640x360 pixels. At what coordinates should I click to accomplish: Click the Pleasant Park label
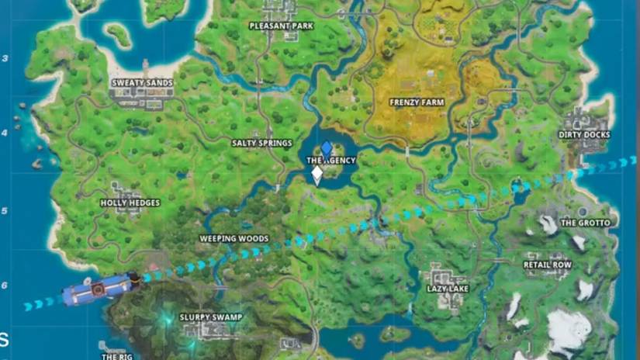point(280,26)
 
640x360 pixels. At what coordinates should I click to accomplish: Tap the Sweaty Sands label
point(142,82)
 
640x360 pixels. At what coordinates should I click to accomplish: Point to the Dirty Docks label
point(584,135)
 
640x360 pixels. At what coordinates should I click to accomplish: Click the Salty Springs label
point(262,144)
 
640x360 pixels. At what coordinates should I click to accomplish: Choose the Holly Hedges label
point(130,203)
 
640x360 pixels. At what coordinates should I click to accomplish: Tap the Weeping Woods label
point(234,239)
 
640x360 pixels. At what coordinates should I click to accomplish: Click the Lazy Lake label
point(448,289)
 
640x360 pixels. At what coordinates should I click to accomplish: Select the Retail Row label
point(548,265)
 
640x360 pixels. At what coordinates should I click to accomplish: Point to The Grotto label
point(585,223)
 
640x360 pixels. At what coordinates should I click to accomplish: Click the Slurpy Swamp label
point(211,317)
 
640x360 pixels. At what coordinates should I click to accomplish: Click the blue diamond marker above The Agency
point(327,147)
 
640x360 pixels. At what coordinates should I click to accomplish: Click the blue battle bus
point(99,289)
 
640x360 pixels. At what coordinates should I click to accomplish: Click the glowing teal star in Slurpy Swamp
point(165,319)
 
